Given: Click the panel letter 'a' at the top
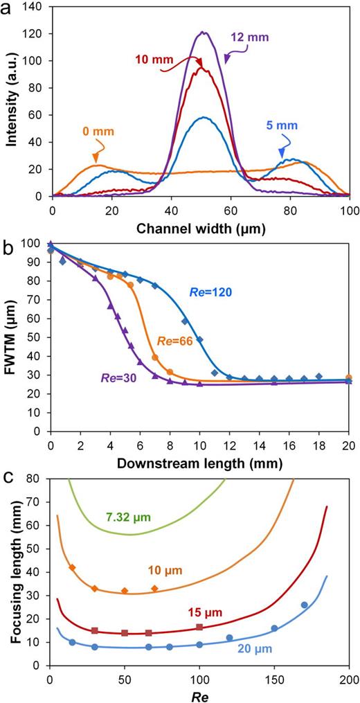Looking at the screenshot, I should pyautogui.click(x=10, y=10).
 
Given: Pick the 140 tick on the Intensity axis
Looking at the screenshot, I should pyautogui.click(x=37, y=6).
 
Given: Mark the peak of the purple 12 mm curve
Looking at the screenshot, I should pyautogui.click(x=204, y=31).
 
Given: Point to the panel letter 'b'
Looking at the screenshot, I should pyautogui.click(x=10, y=244).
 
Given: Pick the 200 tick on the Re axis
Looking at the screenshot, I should pyautogui.click(x=349, y=677).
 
